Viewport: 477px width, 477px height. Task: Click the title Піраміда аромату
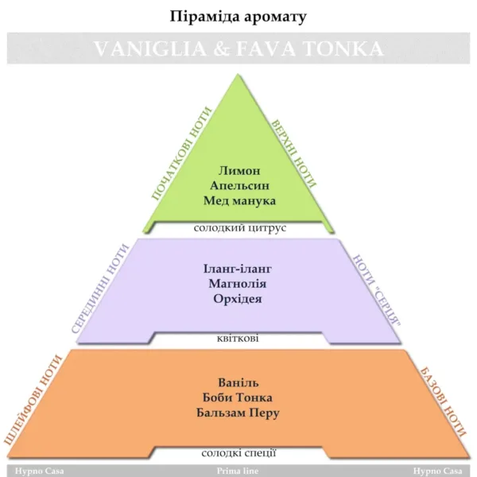click(238, 16)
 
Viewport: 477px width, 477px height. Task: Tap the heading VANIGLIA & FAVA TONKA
click(238, 48)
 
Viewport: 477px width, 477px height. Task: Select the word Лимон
click(238, 171)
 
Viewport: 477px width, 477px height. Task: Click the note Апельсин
click(238, 185)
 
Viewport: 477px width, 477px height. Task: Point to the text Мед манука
click(238, 200)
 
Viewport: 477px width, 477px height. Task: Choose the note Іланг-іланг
click(238, 269)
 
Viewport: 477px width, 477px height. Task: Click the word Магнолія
click(238, 284)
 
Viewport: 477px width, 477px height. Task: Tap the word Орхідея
click(238, 299)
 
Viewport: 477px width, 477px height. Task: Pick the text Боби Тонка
click(238, 397)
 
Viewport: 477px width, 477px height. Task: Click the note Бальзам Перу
click(238, 413)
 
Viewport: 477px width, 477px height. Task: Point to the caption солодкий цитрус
click(239, 228)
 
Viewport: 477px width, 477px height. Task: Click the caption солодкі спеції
click(238, 453)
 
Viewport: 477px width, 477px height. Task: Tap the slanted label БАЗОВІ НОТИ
click(444, 401)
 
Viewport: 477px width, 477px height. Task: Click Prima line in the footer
click(238, 471)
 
